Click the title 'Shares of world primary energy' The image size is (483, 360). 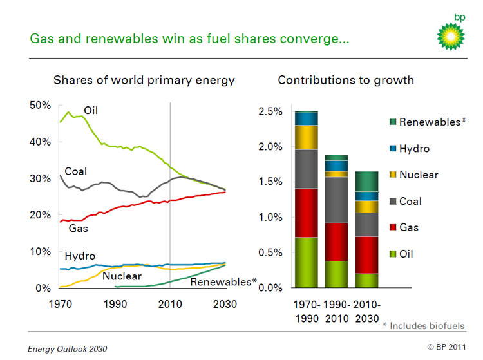[x=144, y=81]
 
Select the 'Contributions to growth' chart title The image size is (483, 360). [x=346, y=81]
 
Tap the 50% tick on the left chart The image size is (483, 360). [x=42, y=106]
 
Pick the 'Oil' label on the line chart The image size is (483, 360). [x=91, y=111]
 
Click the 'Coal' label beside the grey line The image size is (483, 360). [x=76, y=172]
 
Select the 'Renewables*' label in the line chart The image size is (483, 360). [x=223, y=281]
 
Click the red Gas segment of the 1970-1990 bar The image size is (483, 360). [x=306, y=213]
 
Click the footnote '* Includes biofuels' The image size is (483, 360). [x=423, y=326]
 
